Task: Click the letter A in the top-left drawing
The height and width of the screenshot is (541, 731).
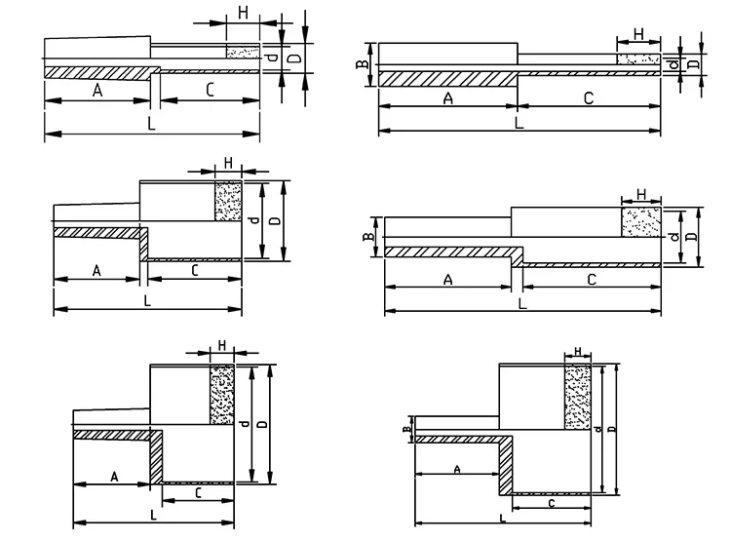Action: [97, 90]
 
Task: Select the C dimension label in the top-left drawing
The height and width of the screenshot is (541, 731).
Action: [210, 90]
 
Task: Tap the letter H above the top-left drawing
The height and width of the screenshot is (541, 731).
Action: [243, 13]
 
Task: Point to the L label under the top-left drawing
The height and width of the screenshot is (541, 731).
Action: [149, 125]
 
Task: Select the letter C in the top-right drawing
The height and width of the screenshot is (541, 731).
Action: [588, 97]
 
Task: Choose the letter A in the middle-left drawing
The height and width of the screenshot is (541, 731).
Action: [97, 270]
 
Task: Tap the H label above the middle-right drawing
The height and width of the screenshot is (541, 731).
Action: [641, 193]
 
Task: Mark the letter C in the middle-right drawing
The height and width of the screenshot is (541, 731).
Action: [591, 280]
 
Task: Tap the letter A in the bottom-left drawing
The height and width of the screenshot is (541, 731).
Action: [114, 477]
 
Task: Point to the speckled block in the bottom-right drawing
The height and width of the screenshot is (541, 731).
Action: [577, 400]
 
